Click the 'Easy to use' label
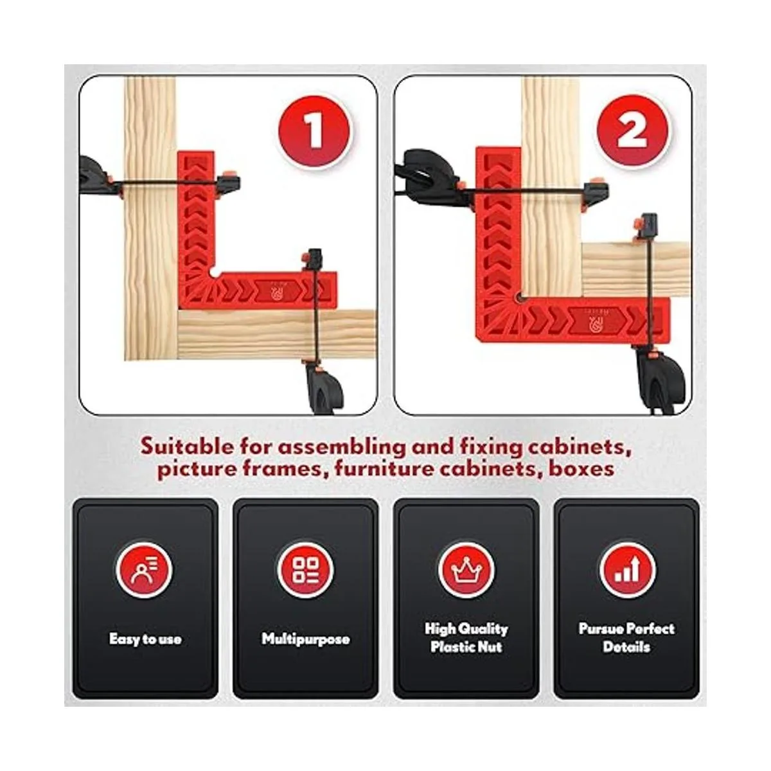click(145, 639)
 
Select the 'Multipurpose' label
click(306, 639)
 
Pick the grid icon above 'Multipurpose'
click(306, 570)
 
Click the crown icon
click(466, 570)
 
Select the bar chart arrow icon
click(627, 570)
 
